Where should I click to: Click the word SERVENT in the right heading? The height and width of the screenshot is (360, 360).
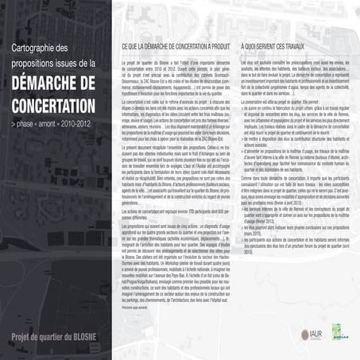[263, 48]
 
